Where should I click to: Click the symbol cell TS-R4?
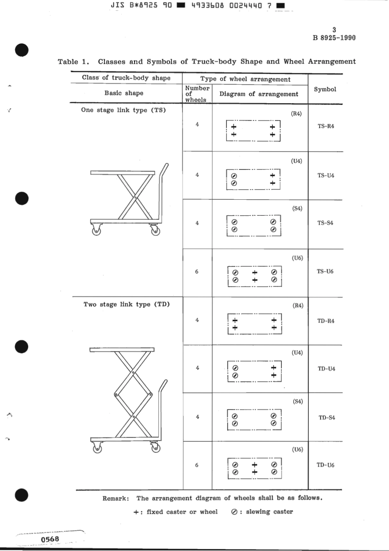326,126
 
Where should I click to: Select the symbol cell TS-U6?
325,271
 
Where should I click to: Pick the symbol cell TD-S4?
327,418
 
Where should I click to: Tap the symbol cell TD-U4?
326,368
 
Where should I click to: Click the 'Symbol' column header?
325,89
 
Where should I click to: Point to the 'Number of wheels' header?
197,94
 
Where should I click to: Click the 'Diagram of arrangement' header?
259,94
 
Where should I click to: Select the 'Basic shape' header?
124,93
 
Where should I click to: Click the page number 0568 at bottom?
50,539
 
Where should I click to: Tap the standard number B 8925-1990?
334,38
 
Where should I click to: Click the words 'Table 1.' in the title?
73,62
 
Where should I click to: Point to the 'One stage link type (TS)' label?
123,110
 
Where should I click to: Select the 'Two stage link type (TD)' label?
127,304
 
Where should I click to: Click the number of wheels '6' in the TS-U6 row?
197,271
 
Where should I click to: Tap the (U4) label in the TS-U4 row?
296,161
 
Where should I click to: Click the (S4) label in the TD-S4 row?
298,401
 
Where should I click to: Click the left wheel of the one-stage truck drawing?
96,231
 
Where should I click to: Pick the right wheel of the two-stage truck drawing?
156,448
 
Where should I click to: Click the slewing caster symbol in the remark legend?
234,512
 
